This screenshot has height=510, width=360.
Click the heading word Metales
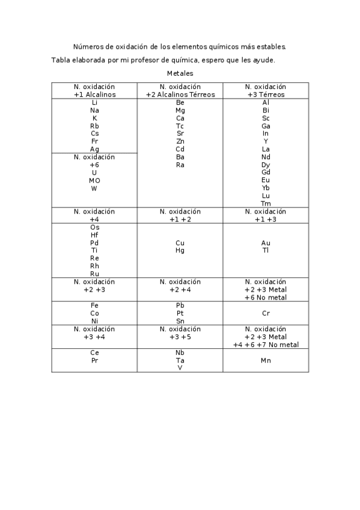coord(180,73)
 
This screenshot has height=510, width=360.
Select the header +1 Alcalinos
coord(94,94)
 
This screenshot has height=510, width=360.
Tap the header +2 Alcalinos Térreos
coord(180,94)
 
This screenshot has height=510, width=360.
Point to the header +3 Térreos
coord(266,94)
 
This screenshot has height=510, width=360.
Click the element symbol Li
coord(94,103)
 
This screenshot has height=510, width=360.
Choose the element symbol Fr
coord(94,141)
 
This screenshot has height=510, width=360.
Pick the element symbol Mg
coord(180,111)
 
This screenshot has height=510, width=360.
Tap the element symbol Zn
coord(180,141)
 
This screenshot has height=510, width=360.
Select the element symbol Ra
coord(180,165)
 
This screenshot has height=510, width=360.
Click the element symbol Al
coord(266,103)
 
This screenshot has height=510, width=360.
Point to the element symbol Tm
coord(266,203)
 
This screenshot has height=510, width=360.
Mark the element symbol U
coord(94,173)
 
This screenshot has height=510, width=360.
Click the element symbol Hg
coord(180,251)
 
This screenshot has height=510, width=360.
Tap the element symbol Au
coord(266,243)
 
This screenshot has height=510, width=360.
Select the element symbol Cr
coord(266,313)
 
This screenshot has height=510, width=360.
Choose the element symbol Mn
coord(266,360)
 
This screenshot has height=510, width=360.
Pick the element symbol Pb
coord(180,306)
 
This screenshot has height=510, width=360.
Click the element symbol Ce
coord(94,352)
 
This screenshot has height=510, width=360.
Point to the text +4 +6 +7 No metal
coord(266,345)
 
